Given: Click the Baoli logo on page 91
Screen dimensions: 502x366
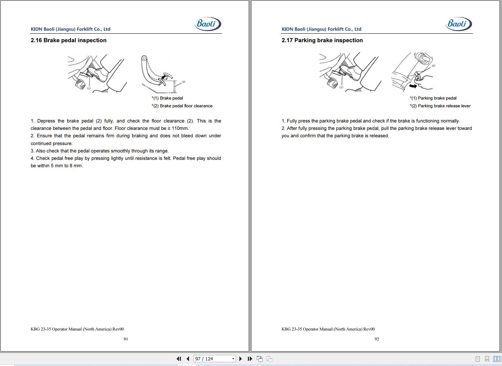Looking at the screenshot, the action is [x=208, y=24].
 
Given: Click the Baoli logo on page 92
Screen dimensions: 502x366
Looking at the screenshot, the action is [x=458, y=24].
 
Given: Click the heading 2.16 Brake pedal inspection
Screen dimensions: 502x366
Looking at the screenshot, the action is [x=68, y=40].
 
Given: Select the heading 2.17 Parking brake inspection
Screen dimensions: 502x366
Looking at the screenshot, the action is [x=322, y=40].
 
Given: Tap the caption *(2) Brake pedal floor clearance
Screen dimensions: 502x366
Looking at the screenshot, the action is [x=182, y=106].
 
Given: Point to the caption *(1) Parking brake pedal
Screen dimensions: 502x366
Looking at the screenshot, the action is [x=433, y=98].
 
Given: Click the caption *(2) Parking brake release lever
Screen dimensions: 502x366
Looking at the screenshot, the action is [x=440, y=106].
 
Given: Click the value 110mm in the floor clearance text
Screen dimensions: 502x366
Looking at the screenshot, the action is [x=180, y=128].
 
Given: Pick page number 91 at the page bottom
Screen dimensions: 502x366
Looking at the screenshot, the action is [x=126, y=339].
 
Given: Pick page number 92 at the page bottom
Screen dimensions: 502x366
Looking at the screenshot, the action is [x=377, y=339].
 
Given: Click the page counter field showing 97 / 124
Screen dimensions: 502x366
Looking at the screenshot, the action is [x=215, y=359].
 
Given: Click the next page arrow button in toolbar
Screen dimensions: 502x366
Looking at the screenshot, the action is [x=241, y=359].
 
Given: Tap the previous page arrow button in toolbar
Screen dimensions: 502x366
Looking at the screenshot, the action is [x=188, y=359].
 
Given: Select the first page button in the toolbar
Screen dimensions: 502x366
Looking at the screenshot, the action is [x=179, y=359].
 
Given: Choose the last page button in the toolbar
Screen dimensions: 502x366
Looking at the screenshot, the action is [x=250, y=359].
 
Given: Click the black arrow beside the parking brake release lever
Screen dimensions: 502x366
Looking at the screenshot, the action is [x=413, y=86].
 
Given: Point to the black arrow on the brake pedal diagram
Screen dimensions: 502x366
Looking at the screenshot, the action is [x=165, y=77].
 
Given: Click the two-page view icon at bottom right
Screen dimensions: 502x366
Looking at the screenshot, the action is [x=496, y=359].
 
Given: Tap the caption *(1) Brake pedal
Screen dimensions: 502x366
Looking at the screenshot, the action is [x=167, y=98].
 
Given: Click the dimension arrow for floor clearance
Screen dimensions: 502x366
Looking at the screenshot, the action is [x=175, y=87].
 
